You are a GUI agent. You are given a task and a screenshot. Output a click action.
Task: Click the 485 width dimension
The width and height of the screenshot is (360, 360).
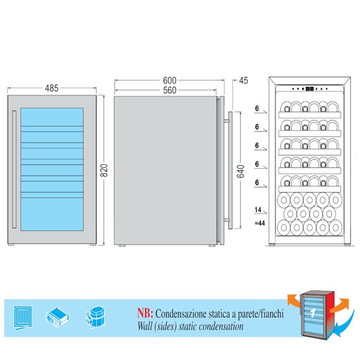coord(52,88)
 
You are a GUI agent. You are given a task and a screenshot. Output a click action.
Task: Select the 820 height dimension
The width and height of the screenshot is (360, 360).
coord(104,171)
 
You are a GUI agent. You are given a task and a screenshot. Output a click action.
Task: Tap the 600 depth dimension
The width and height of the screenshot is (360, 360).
coord(169,81)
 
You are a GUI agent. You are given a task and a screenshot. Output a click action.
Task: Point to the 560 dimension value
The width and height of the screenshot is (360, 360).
coord(169,90)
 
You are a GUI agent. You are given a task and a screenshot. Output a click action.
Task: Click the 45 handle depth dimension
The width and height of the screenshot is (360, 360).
coord(244,81)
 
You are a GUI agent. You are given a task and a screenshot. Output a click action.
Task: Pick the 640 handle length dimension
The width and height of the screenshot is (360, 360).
coord(240,172)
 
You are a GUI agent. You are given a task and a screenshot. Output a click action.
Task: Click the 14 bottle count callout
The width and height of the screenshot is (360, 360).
coord(258,209)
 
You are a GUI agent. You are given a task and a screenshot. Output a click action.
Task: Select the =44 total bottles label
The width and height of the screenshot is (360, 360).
coord(260,223)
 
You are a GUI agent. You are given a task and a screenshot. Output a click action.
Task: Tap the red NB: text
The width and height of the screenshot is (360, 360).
coord(145,313)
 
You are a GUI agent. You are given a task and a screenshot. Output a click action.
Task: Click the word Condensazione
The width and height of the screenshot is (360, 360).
coord(181,313)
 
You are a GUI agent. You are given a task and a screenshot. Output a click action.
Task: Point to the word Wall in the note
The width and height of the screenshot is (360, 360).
coord(145,326)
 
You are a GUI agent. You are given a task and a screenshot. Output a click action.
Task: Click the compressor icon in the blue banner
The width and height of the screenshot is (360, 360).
coord(95,317)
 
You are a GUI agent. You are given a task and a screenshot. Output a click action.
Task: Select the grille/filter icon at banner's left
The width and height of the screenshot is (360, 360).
coord(23,318)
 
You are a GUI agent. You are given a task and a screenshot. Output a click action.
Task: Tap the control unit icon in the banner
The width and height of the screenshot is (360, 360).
coord(58,317)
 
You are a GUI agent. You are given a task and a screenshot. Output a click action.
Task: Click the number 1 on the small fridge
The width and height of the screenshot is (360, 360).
coord(312,313)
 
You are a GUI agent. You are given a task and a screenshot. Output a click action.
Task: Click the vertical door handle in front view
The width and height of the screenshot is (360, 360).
coord(14,169)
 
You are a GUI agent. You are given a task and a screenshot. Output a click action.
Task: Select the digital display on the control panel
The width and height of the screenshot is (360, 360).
coord(310,89)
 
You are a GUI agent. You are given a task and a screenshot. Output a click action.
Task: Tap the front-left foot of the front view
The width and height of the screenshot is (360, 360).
coord(11,244)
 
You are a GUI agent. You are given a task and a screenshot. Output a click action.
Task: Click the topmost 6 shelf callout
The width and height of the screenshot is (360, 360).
coord(257,109)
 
